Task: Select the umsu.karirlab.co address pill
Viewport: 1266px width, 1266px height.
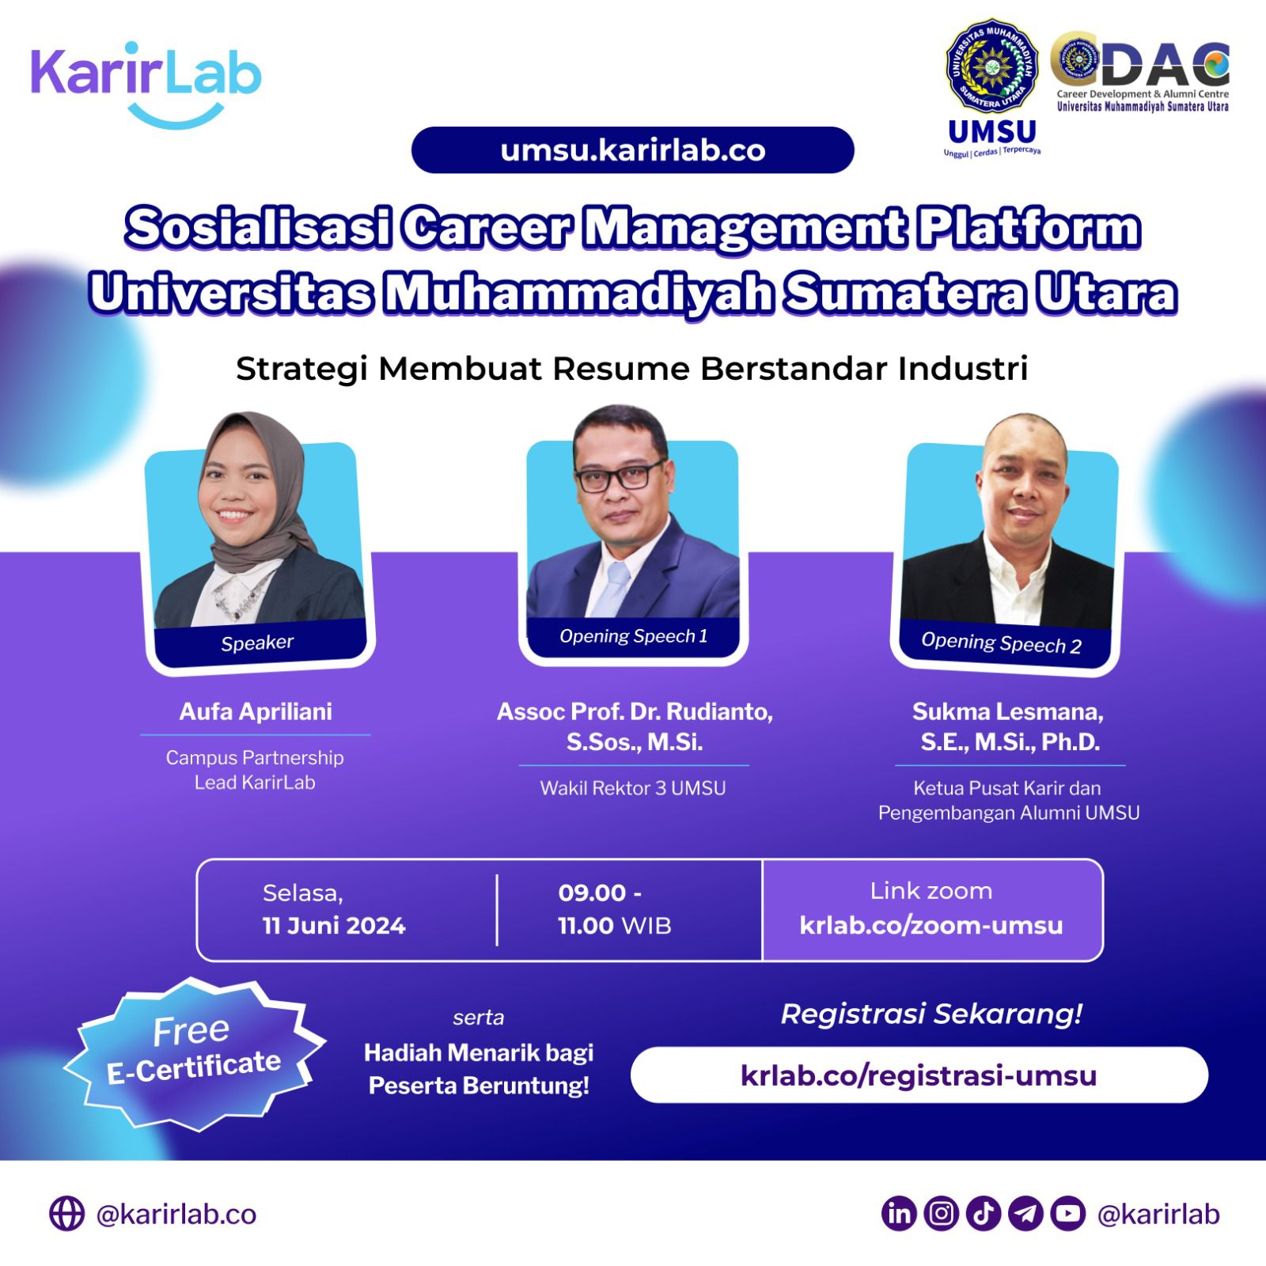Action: [x=632, y=150]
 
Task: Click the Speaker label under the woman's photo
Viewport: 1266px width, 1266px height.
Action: [x=257, y=643]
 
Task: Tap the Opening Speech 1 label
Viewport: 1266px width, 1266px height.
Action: [x=633, y=636]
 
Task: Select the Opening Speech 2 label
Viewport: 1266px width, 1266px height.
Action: [x=1001, y=643]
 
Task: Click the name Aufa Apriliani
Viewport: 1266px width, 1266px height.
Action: [x=256, y=711]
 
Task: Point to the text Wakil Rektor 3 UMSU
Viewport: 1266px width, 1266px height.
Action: [x=633, y=788]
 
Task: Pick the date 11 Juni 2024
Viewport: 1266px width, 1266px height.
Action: [x=334, y=926]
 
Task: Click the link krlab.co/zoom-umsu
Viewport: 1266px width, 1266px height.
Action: [x=931, y=925]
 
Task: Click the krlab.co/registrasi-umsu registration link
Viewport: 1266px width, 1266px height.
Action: [x=919, y=1075]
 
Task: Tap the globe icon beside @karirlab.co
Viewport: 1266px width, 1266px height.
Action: [x=67, y=1214]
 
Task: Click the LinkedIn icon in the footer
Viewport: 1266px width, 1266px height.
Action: [x=899, y=1214]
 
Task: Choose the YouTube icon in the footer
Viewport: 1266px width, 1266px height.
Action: [x=1068, y=1214]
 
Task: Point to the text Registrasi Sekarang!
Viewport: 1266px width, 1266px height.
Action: [x=931, y=1014]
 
